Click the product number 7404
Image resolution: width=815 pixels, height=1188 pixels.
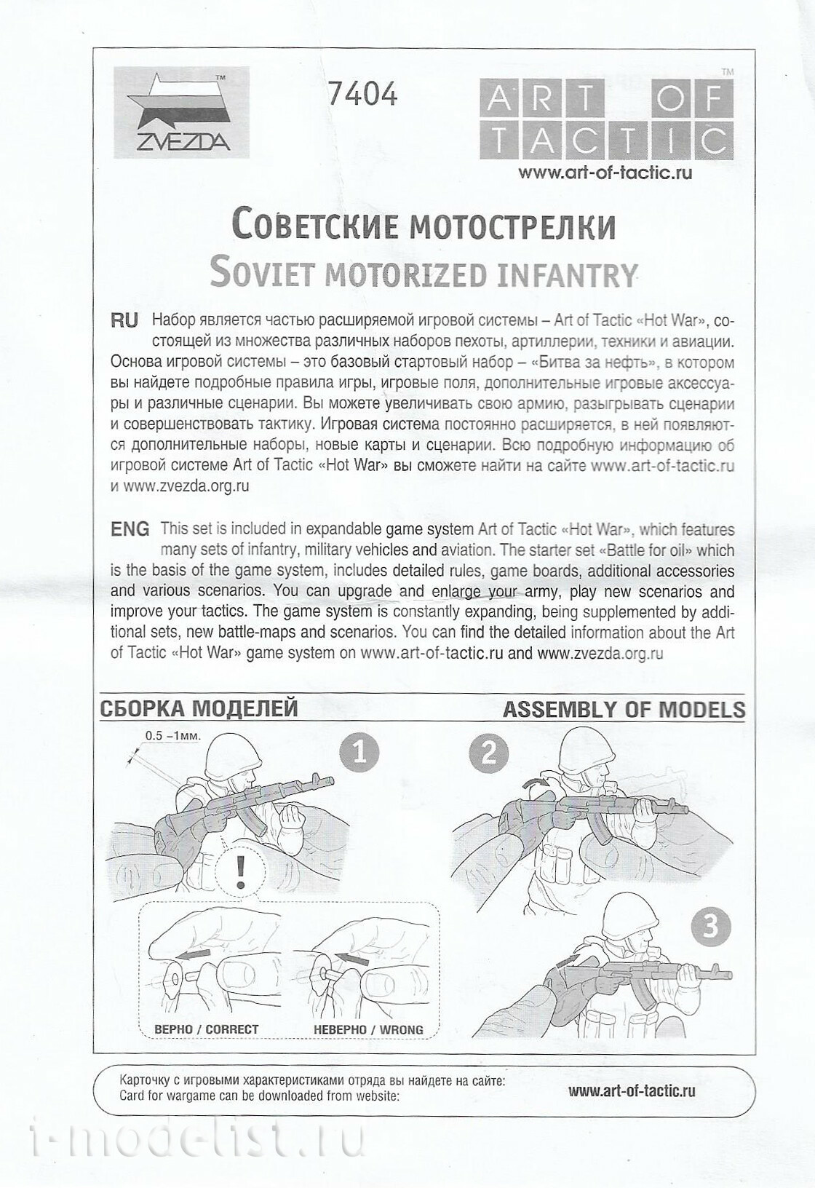tap(362, 94)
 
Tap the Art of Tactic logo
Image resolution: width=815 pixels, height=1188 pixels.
tap(605, 120)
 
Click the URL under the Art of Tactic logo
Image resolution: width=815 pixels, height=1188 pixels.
tap(605, 173)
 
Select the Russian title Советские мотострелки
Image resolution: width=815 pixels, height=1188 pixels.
tap(423, 226)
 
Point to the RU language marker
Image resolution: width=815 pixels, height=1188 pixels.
tap(124, 320)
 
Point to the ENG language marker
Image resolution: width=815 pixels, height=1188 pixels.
tap(130, 529)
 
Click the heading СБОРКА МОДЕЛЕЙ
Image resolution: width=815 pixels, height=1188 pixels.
tap(199, 709)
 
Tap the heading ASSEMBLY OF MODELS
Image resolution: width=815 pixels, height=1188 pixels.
tap(624, 709)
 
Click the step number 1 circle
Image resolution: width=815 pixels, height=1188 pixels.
tap(359, 751)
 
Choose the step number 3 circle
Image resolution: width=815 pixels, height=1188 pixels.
tap(711, 926)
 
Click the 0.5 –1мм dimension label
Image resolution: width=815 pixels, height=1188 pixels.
tap(172, 735)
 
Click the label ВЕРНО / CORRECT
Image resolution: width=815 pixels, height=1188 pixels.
tap(207, 1029)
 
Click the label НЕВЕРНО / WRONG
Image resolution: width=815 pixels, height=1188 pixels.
tap(368, 1029)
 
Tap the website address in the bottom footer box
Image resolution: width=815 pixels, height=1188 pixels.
tap(632, 1090)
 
